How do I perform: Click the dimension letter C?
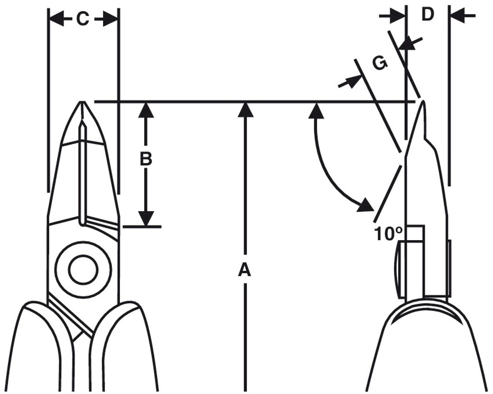tap(83, 19)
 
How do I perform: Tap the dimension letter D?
tap(428, 14)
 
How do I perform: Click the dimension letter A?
tap(245, 270)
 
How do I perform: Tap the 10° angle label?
tap(388, 234)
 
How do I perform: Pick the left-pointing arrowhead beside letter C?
tap(57, 19)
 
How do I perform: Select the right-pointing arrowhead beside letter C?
tap(110, 19)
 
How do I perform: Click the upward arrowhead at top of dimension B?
tap(146, 110)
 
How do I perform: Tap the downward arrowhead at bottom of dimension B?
tap(146, 219)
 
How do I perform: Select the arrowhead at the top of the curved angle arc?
tap(316, 110)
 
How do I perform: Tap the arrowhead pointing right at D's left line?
tap(397, 16)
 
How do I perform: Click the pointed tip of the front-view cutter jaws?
tap(82, 102)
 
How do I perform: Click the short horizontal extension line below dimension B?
tap(142, 227)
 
